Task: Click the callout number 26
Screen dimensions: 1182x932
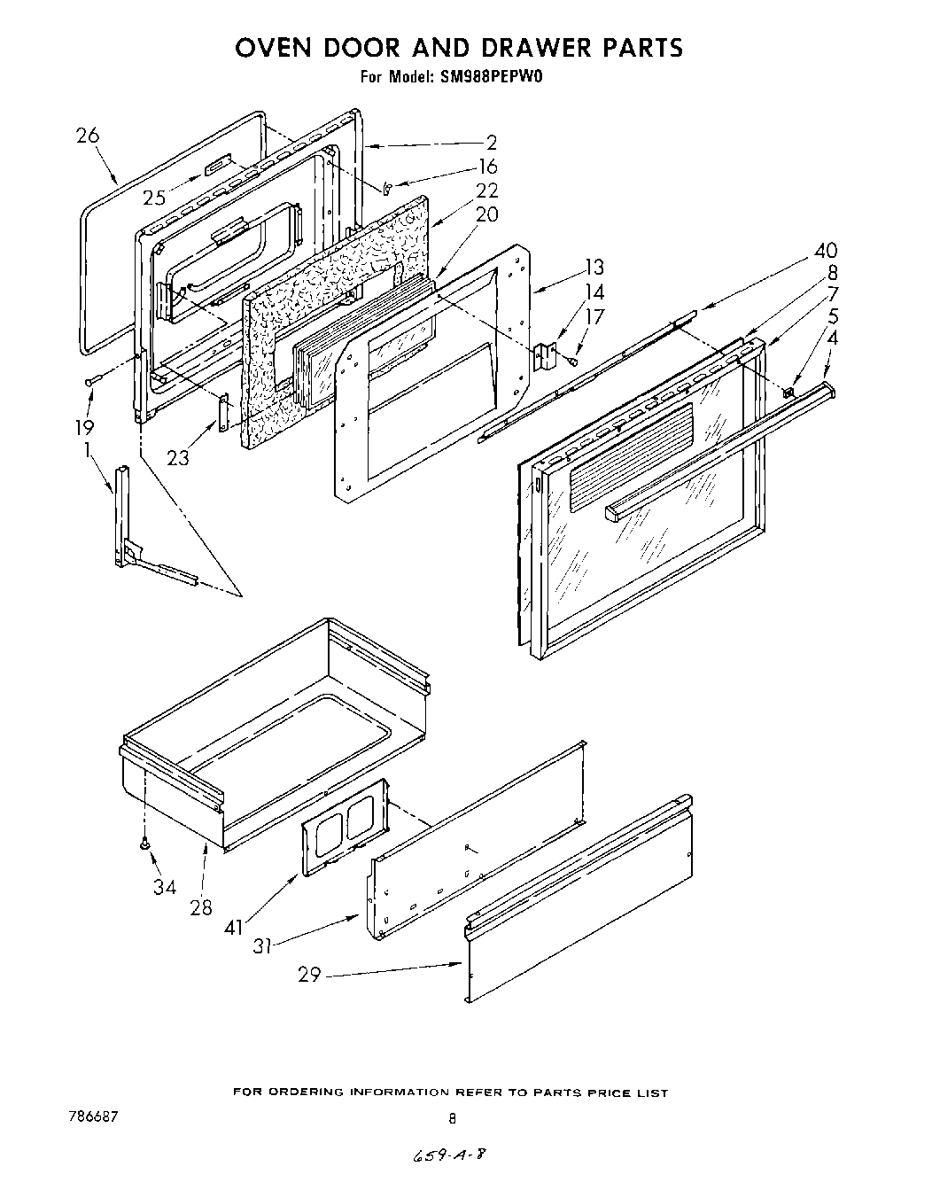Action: (88, 136)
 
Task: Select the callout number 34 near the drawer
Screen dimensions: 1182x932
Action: (164, 886)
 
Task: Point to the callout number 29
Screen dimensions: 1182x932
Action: (309, 975)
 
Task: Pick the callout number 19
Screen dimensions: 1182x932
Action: (83, 427)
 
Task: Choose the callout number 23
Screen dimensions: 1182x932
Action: (179, 457)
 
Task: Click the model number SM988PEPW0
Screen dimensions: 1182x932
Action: (490, 77)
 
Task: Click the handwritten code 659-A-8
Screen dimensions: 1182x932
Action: (448, 1156)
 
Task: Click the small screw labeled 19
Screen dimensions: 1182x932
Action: (92, 381)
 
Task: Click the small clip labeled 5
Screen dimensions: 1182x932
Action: (788, 388)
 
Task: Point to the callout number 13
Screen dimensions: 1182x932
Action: (594, 267)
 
